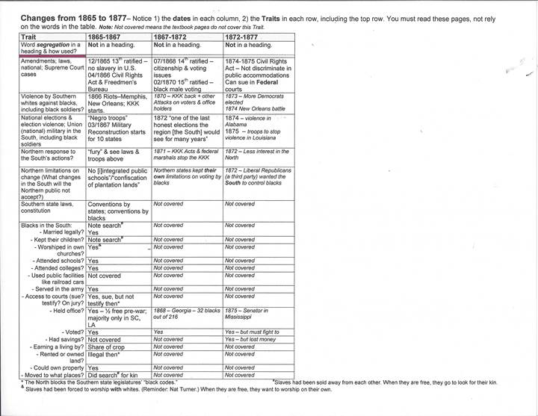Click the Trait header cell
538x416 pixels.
pyautogui.click(x=30, y=36)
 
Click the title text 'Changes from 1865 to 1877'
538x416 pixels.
pyautogui.click(x=84, y=16)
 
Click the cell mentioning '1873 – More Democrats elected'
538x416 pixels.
pyautogui.click(x=258, y=102)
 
